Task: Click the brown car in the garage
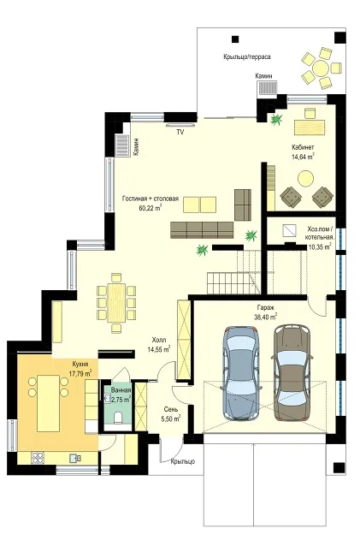[x=292, y=372]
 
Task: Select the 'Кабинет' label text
[x=303, y=147]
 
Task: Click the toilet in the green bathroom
[x=119, y=417]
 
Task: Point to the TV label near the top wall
[x=180, y=132]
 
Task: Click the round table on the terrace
[x=321, y=68]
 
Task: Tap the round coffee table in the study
[x=305, y=178]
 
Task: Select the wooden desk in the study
[x=310, y=127]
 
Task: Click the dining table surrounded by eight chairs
[x=116, y=303]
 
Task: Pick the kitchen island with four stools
[x=48, y=403]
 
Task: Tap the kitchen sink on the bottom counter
[x=75, y=458]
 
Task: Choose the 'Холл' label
[x=159, y=341]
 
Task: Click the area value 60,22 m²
[x=150, y=207]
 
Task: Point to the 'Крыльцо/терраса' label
[x=246, y=56]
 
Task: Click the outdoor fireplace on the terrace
[x=267, y=87]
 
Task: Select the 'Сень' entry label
[x=171, y=410]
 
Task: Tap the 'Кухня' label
[x=80, y=364]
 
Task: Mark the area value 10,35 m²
[x=320, y=246]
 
